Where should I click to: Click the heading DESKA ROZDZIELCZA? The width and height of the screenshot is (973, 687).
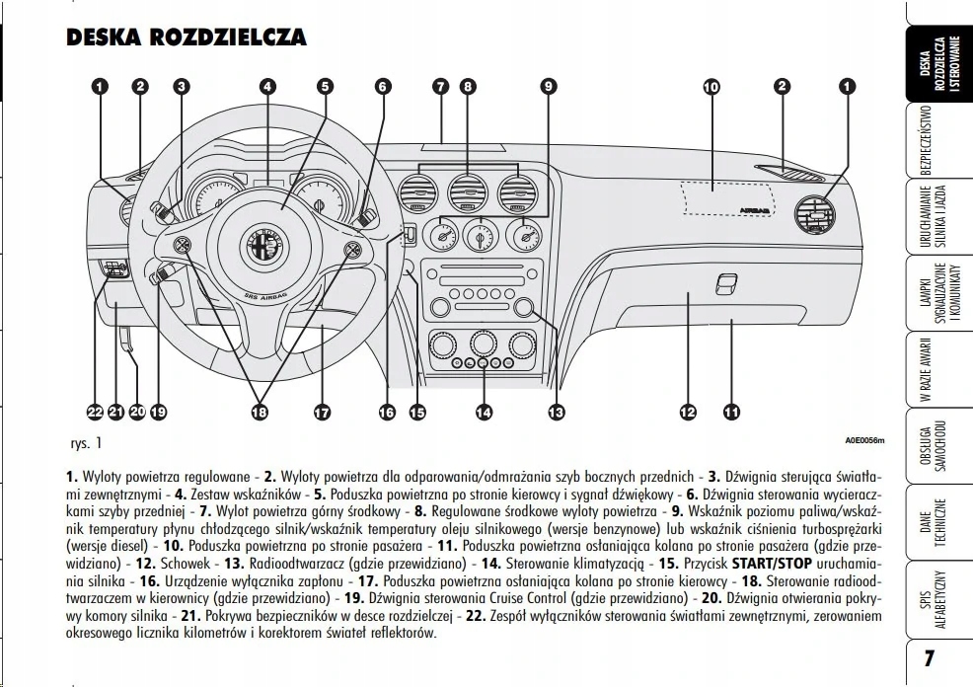(186, 38)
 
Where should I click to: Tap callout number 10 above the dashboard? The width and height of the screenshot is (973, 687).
(711, 87)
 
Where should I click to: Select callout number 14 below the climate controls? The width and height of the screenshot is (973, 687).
(483, 413)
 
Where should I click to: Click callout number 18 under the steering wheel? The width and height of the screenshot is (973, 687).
(260, 413)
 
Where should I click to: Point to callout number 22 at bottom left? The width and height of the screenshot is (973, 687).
(96, 413)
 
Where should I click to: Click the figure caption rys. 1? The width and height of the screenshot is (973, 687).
(85, 443)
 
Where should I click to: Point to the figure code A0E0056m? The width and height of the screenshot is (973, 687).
(864, 440)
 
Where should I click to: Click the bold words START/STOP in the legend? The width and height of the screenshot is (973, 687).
(771, 563)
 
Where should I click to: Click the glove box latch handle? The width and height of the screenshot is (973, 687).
(726, 283)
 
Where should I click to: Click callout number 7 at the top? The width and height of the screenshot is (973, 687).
(440, 87)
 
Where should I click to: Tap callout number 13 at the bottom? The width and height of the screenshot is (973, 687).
(557, 413)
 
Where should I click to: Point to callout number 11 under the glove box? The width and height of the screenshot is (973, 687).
(731, 413)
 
